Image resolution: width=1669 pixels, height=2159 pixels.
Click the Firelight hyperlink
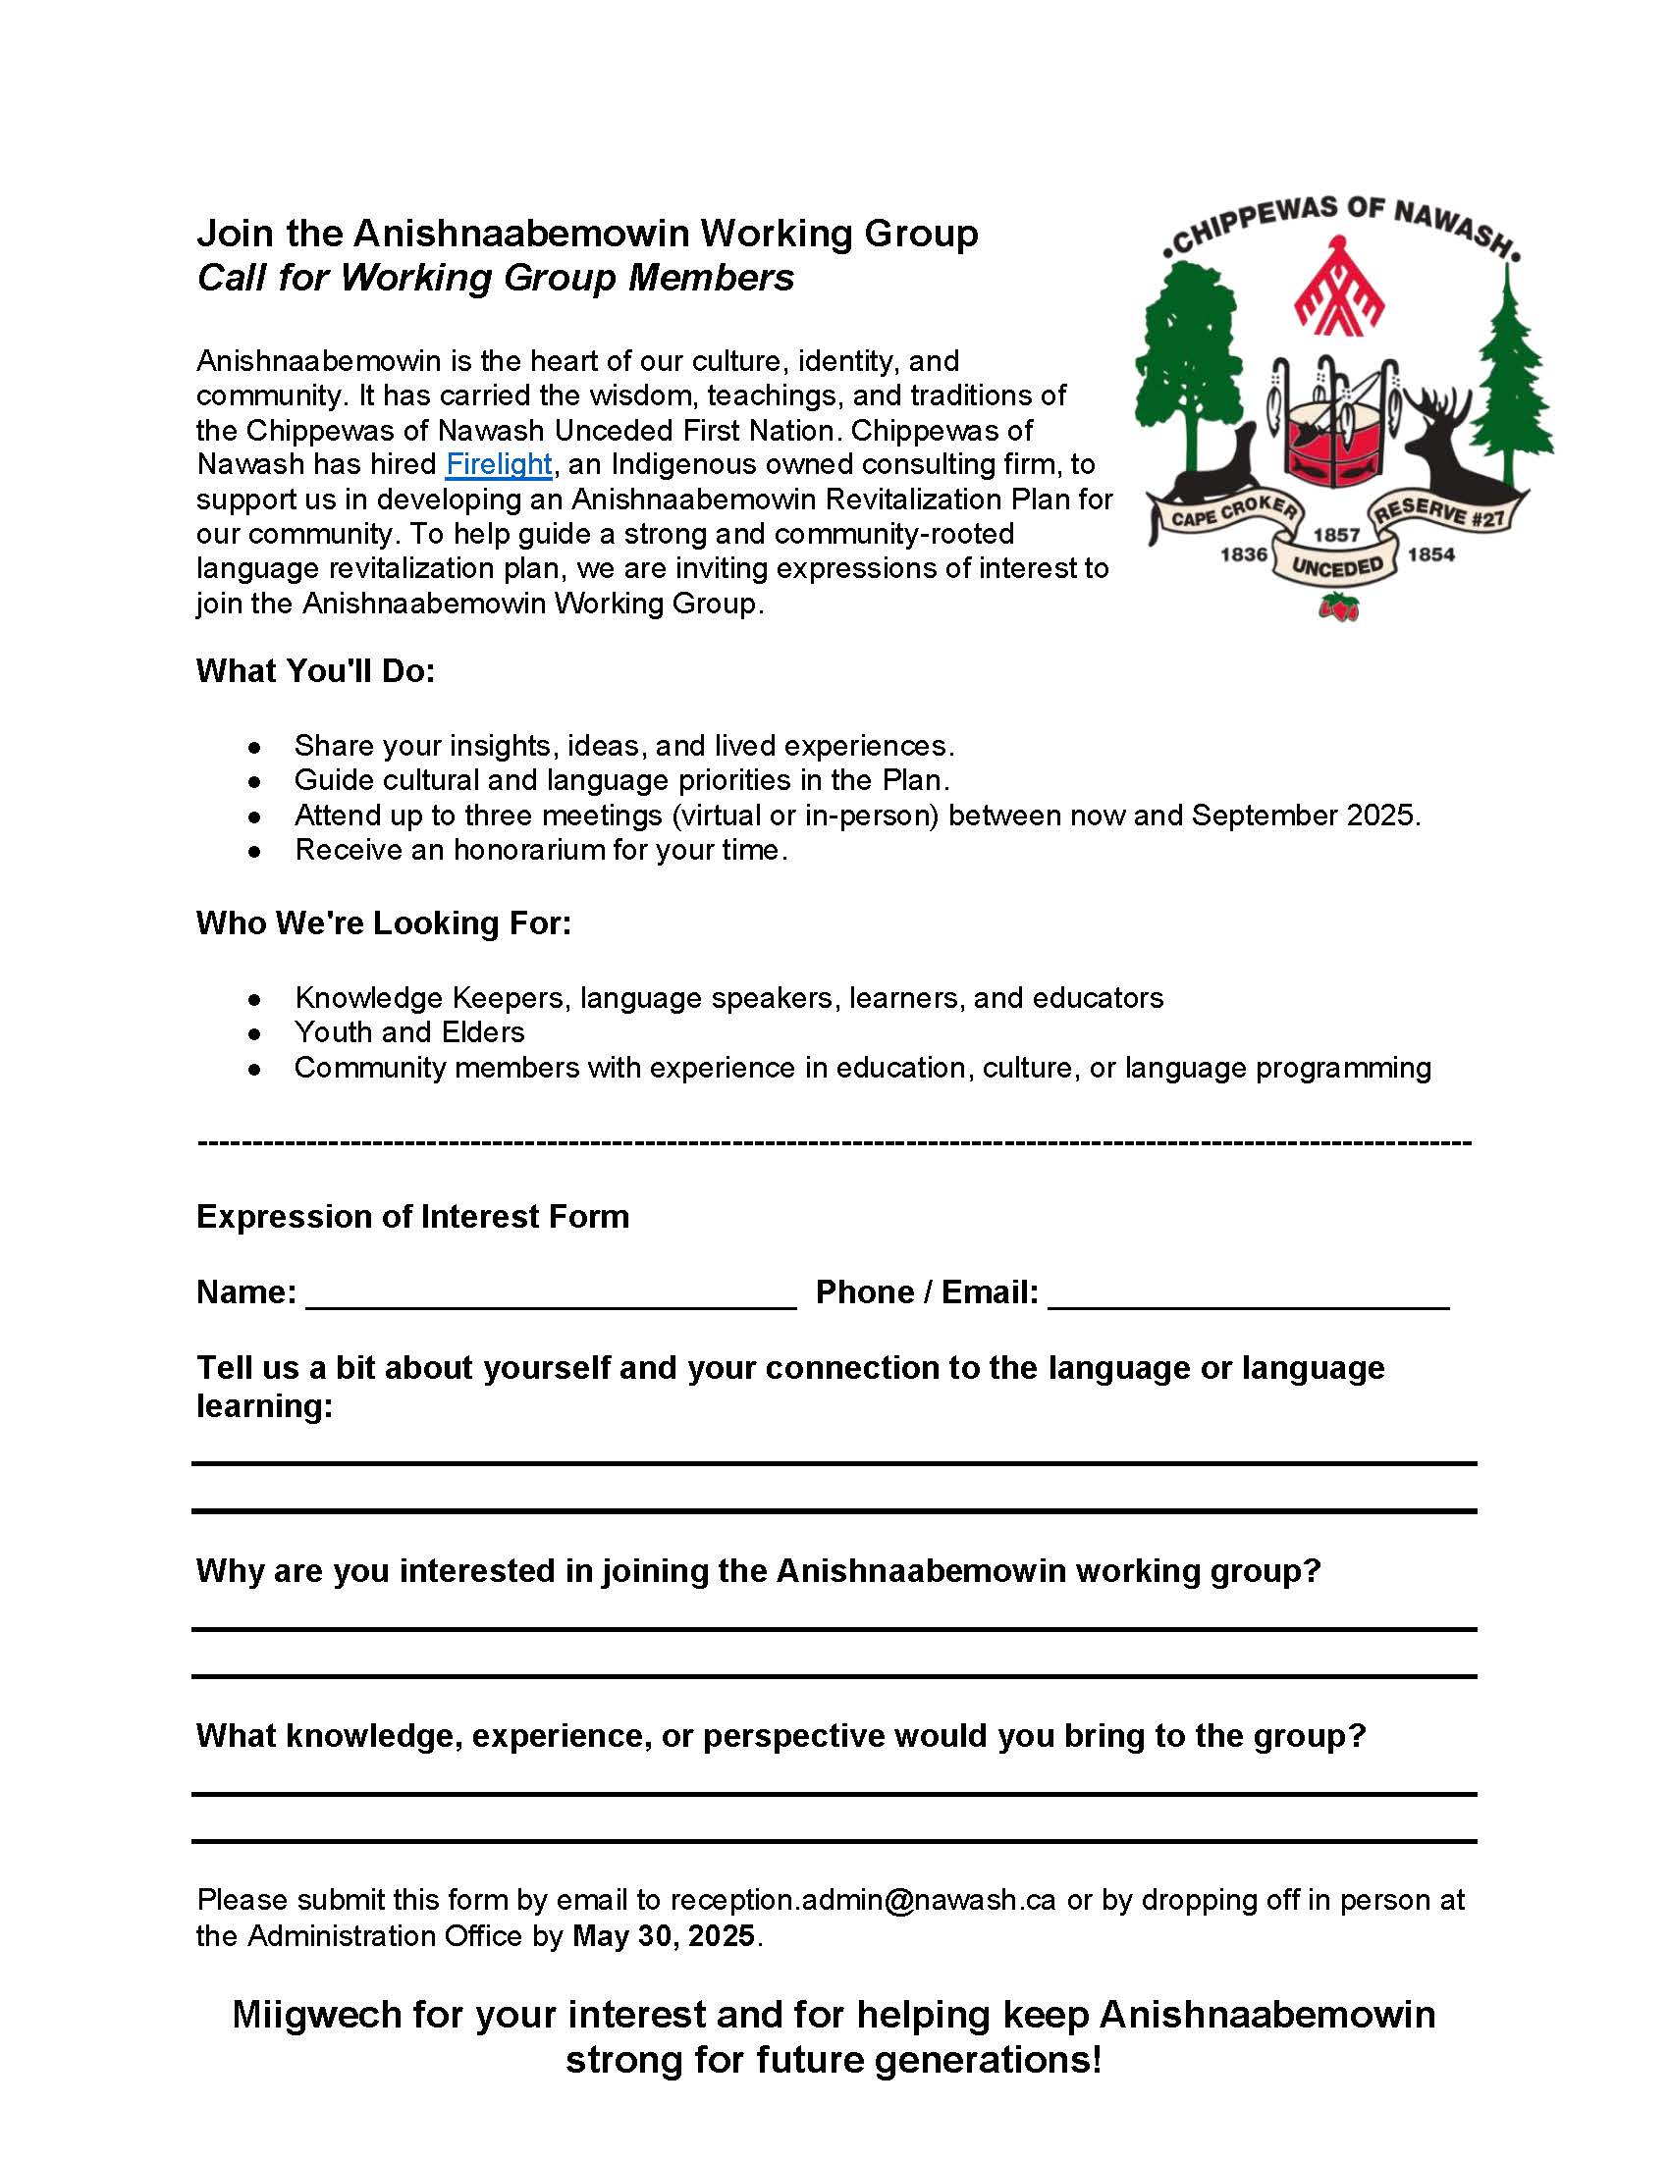(499, 463)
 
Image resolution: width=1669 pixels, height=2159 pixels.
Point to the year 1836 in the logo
(1243, 554)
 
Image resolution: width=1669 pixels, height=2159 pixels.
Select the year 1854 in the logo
(1430, 554)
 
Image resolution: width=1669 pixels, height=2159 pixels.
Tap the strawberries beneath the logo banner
(1339, 606)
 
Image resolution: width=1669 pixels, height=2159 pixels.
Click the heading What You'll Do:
(315, 671)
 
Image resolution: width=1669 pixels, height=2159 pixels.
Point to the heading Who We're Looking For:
(384, 923)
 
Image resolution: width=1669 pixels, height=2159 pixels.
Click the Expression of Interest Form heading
(412, 1216)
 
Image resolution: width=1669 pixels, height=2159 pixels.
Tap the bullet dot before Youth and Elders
(255, 1034)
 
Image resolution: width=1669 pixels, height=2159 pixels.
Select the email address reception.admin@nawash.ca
(862, 1900)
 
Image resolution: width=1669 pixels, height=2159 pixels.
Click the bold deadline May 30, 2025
(664, 1935)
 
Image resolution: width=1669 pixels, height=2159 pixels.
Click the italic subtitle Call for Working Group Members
(496, 278)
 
